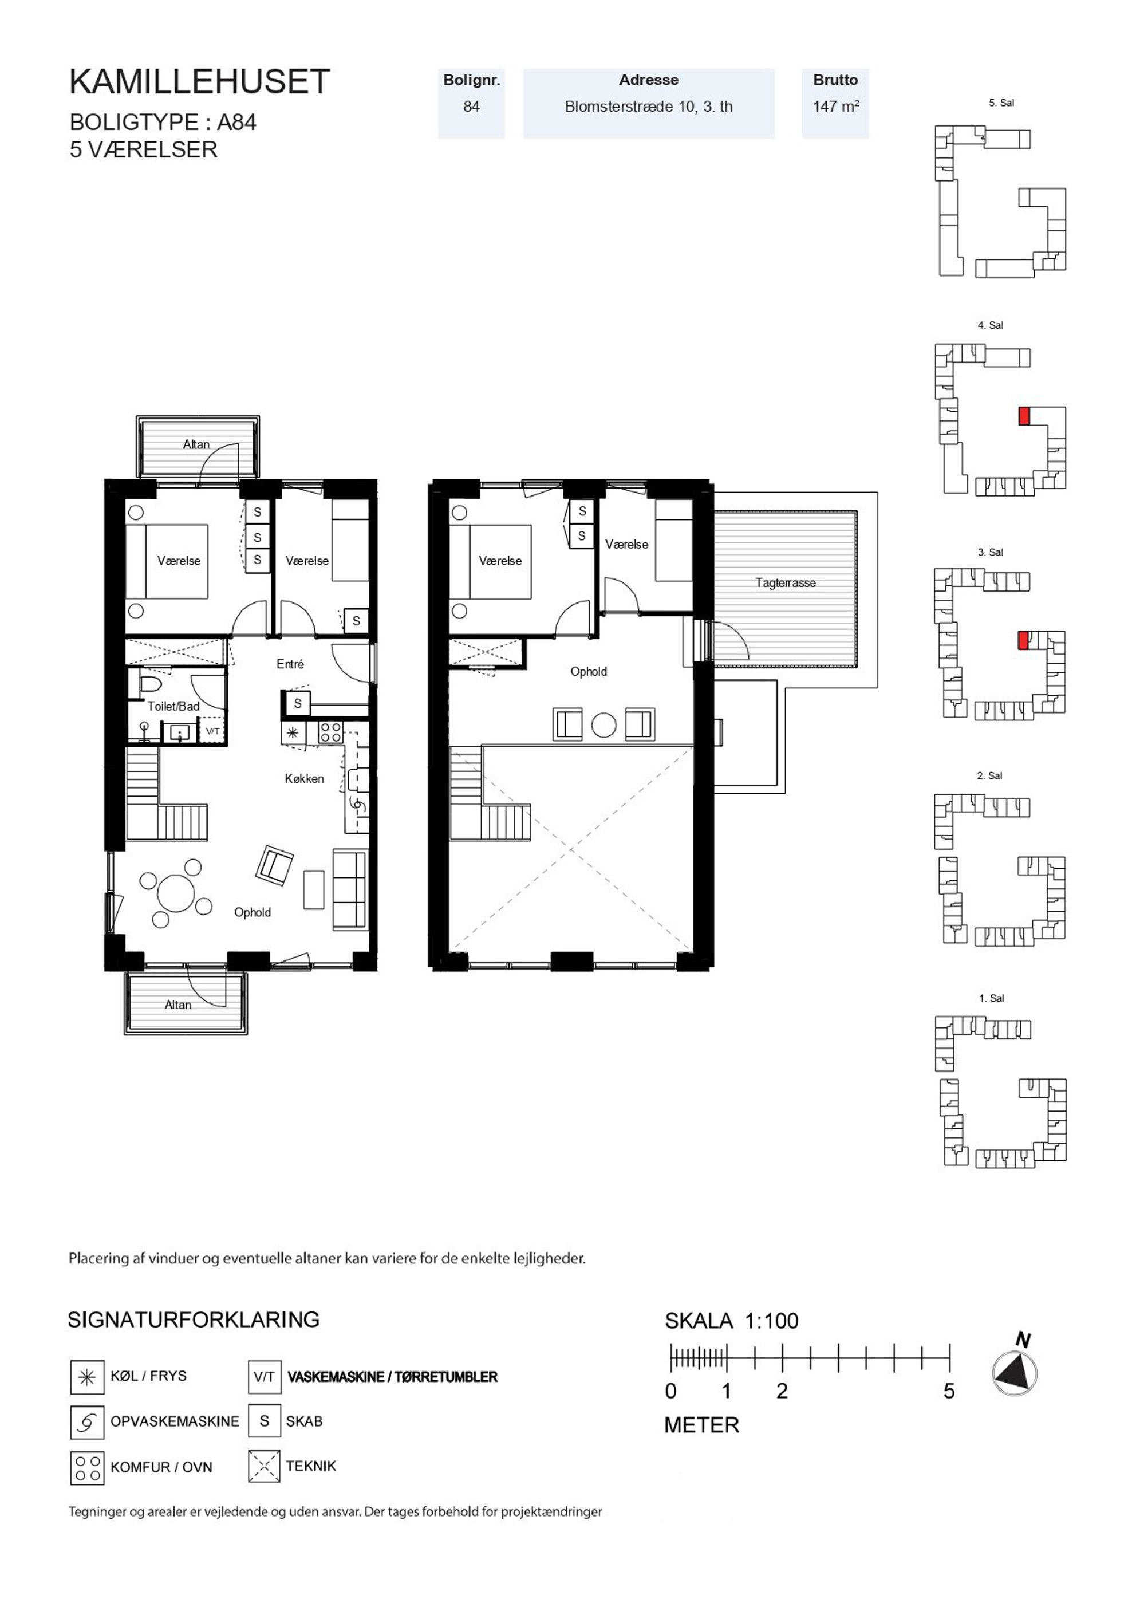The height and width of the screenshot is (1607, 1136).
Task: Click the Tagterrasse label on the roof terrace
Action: pyautogui.click(x=786, y=582)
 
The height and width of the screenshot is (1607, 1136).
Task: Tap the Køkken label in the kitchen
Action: pyautogui.click(x=305, y=778)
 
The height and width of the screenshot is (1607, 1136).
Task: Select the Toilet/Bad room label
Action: pyautogui.click(x=173, y=706)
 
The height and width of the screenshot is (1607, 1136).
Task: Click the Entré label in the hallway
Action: pyautogui.click(x=290, y=664)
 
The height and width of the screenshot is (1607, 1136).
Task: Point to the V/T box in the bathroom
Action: pyautogui.click(x=213, y=731)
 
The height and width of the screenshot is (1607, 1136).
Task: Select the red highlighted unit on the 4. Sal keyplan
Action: pyautogui.click(x=1024, y=416)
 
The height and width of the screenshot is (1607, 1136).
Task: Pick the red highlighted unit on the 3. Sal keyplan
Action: pyautogui.click(x=1023, y=640)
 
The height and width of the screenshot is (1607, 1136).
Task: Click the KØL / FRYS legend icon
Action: pyautogui.click(x=87, y=1377)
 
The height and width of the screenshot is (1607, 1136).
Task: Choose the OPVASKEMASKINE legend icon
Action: pyautogui.click(x=87, y=1422)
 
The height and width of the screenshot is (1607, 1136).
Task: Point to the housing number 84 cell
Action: pyautogui.click(x=471, y=107)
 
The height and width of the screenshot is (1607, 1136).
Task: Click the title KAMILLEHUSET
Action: pyautogui.click(x=199, y=82)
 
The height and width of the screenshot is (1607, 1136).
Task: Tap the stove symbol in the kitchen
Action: pyautogui.click(x=330, y=732)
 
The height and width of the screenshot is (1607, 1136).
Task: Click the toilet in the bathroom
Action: pyautogui.click(x=151, y=683)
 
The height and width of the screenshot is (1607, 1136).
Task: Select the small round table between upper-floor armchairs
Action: pyautogui.click(x=603, y=725)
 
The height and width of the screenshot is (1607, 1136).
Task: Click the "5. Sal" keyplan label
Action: pyautogui.click(x=1001, y=103)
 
